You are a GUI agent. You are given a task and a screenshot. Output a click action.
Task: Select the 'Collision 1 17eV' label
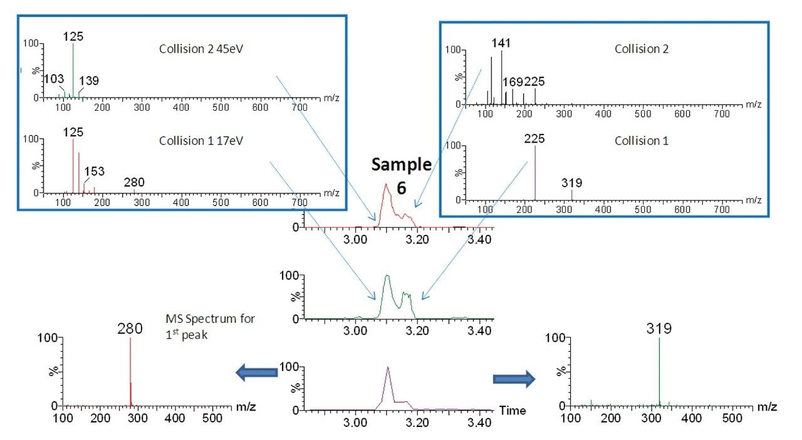click(x=200, y=141)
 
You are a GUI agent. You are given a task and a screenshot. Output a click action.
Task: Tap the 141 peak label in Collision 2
click(x=501, y=43)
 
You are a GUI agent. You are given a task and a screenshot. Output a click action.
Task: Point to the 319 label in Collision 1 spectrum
click(x=571, y=183)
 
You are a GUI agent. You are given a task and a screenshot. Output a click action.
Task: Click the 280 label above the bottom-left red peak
click(x=130, y=328)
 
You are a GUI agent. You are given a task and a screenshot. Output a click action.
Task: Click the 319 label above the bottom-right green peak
click(x=659, y=328)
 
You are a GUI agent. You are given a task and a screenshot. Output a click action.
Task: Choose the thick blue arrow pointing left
click(x=257, y=373)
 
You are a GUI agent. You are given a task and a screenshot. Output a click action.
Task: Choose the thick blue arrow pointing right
click(x=514, y=379)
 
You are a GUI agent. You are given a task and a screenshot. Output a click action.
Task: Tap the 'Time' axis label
click(x=512, y=411)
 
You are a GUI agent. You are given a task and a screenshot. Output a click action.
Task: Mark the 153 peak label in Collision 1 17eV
click(x=94, y=171)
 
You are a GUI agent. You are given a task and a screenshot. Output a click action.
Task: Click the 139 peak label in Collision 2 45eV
click(x=88, y=81)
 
